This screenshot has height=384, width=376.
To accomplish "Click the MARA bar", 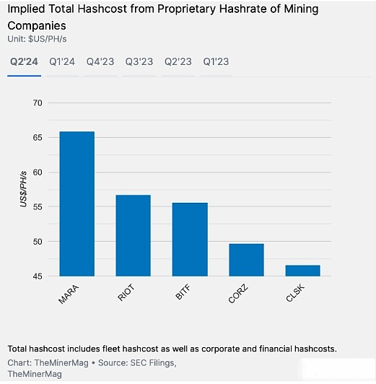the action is [x=77, y=204].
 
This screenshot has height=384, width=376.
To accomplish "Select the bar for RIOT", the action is [x=134, y=235].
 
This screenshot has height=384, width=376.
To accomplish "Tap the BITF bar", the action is [x=190, y=240].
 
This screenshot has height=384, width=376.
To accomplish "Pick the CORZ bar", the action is [x=246, y=260].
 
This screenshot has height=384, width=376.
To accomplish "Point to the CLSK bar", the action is [x=303, y=271].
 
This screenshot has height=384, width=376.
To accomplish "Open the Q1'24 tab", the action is [x=62, y=62].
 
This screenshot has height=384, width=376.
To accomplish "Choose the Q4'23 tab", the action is [x=100, y=62].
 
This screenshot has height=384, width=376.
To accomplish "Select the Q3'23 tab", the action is [x=139, y=62].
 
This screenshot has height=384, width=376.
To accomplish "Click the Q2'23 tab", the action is [x=178, y=62].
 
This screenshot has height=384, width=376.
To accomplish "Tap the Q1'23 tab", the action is [x=216, y=62].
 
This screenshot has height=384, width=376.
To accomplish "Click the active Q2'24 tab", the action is [x=24, y=62].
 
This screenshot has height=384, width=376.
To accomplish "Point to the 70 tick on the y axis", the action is [x=38, y=103].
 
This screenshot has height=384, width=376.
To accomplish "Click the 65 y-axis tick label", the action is [x=38, y=138].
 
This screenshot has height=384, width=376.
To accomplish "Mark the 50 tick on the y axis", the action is [x=38, y=242].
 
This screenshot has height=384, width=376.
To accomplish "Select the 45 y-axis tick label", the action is [x=38, y=276].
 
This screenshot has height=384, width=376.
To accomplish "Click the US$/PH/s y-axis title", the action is [x=24, y=189].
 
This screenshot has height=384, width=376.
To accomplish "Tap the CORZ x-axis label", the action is [x=238, y=294].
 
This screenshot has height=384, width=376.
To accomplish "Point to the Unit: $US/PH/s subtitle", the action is [x=37, y=39].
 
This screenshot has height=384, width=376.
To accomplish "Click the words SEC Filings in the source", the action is [x=153, y=362].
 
